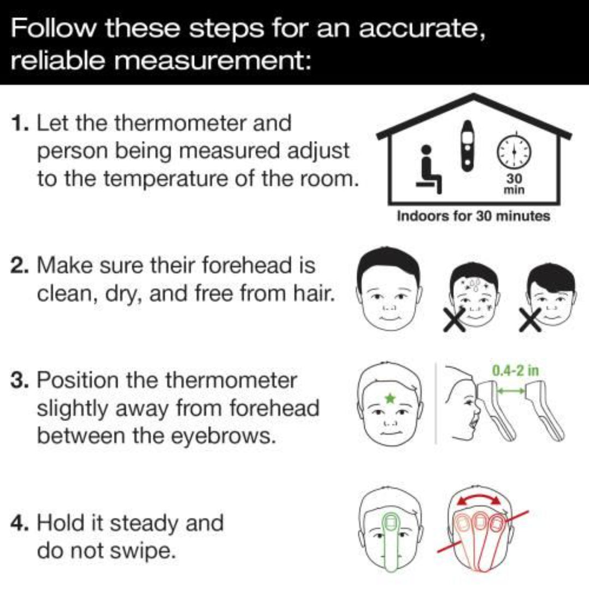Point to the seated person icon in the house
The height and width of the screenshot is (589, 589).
point(429,170)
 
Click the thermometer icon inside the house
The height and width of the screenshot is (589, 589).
point(468,146)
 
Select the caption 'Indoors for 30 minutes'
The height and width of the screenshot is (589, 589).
point(473,216)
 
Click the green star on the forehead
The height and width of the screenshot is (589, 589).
point(389,399)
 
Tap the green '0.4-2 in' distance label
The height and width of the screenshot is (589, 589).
point(515,371)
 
